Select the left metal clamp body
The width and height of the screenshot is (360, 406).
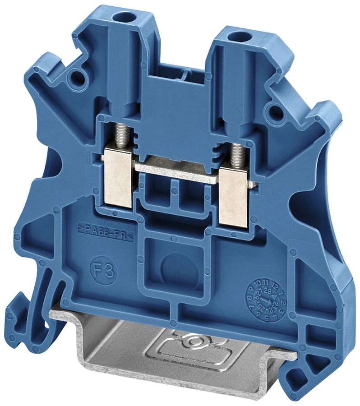coord(118,179)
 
